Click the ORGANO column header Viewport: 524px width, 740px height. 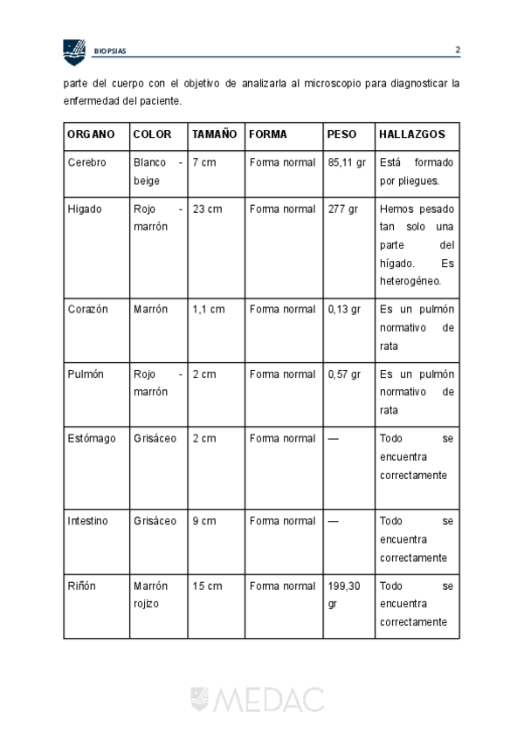91,134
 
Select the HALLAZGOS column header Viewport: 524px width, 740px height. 412,134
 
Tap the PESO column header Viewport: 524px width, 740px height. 341,134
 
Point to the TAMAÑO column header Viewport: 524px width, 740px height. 214,134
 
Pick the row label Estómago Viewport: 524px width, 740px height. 91,438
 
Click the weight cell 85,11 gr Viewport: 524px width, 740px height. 348,162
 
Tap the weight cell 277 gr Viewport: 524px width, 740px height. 343,209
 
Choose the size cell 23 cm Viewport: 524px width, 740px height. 206,209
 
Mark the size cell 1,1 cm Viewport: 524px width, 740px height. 208,309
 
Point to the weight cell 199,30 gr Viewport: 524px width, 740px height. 343,594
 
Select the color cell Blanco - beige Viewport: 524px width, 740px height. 158,172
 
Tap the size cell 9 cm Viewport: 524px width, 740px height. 203,521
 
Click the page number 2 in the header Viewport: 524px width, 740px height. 457,50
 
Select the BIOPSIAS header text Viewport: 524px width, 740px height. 110,51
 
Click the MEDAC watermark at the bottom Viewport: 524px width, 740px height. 258,699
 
